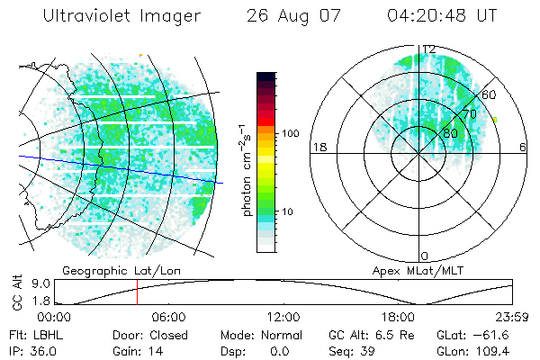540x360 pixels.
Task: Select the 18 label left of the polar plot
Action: coord(318,147)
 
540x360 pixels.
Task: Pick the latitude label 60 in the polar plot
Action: coord(490,94)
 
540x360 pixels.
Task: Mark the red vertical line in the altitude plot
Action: coord(137,292)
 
